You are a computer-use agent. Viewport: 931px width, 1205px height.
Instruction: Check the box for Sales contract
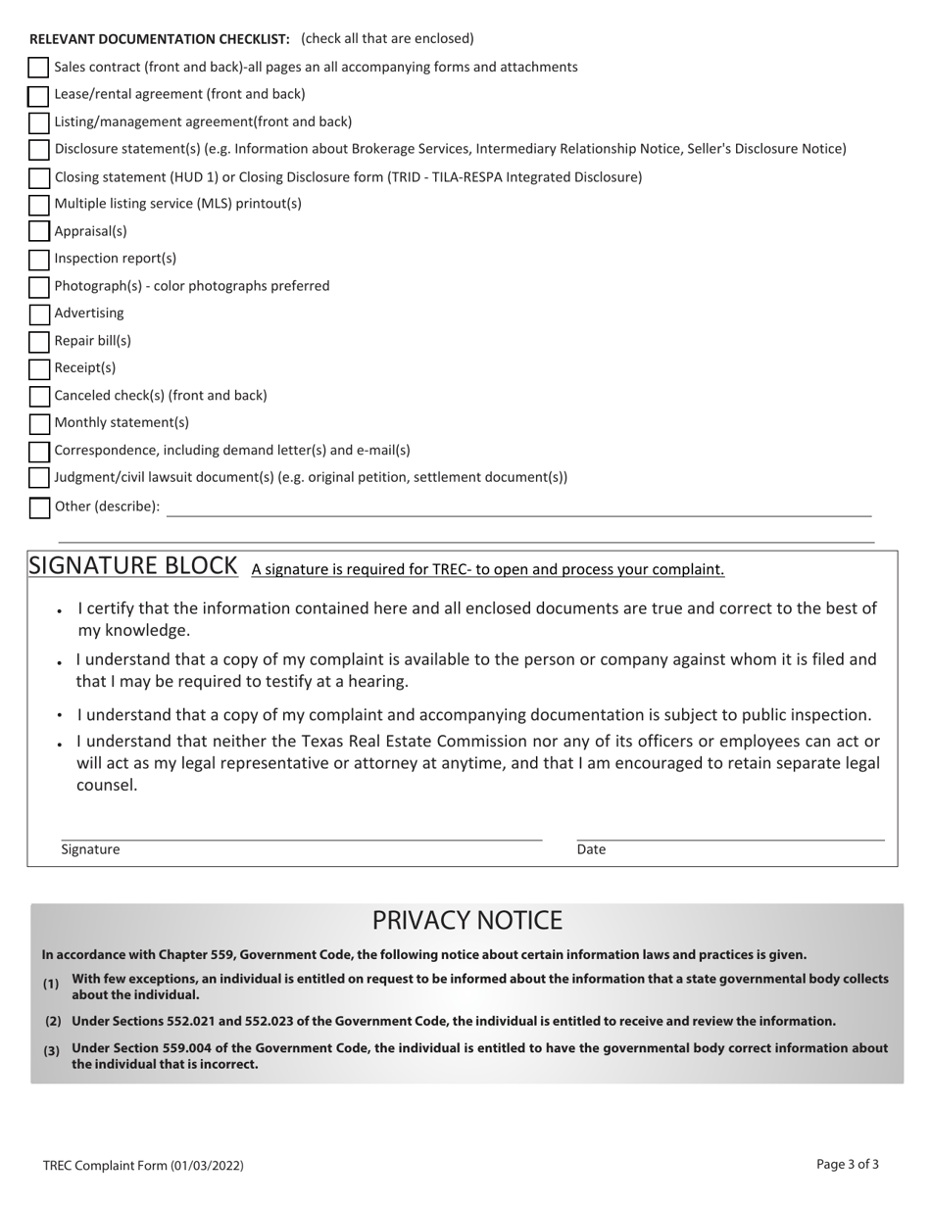click(x=38, y=68)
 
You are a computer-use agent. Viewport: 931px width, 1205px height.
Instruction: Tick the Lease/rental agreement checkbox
click(x=38, y=96)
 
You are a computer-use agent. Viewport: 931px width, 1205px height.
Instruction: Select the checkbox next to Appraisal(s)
click(x=38, y=232)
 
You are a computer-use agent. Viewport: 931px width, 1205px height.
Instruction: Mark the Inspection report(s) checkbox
click(x=38, y=260)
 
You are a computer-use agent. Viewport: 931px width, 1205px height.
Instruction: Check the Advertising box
click(x=38, y=314)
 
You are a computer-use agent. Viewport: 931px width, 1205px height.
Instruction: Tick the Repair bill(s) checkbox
click(x=38, y=342)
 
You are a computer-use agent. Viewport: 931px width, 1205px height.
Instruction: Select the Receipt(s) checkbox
click(x=38, y=369)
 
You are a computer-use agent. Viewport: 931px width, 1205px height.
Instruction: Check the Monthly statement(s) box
click(x=38, y=424)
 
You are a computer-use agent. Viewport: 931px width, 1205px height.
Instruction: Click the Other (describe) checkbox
click(x=38, y=507)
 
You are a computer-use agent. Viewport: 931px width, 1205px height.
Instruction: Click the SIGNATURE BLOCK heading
click(x=133, y=566)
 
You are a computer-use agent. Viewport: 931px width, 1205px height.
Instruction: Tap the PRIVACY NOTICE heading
click(x=466, y=921)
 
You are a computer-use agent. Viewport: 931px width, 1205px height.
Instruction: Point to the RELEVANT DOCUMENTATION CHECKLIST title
click(x=159, y=39)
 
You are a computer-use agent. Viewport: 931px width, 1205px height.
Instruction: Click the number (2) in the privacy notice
click(x=53, y=1021)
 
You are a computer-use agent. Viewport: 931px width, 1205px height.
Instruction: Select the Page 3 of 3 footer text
click(x=847, y=1164)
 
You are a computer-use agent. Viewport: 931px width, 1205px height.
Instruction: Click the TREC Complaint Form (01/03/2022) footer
click(x=143, y=1166)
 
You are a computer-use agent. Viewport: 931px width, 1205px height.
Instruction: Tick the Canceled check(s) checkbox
click(x=38, y=397)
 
